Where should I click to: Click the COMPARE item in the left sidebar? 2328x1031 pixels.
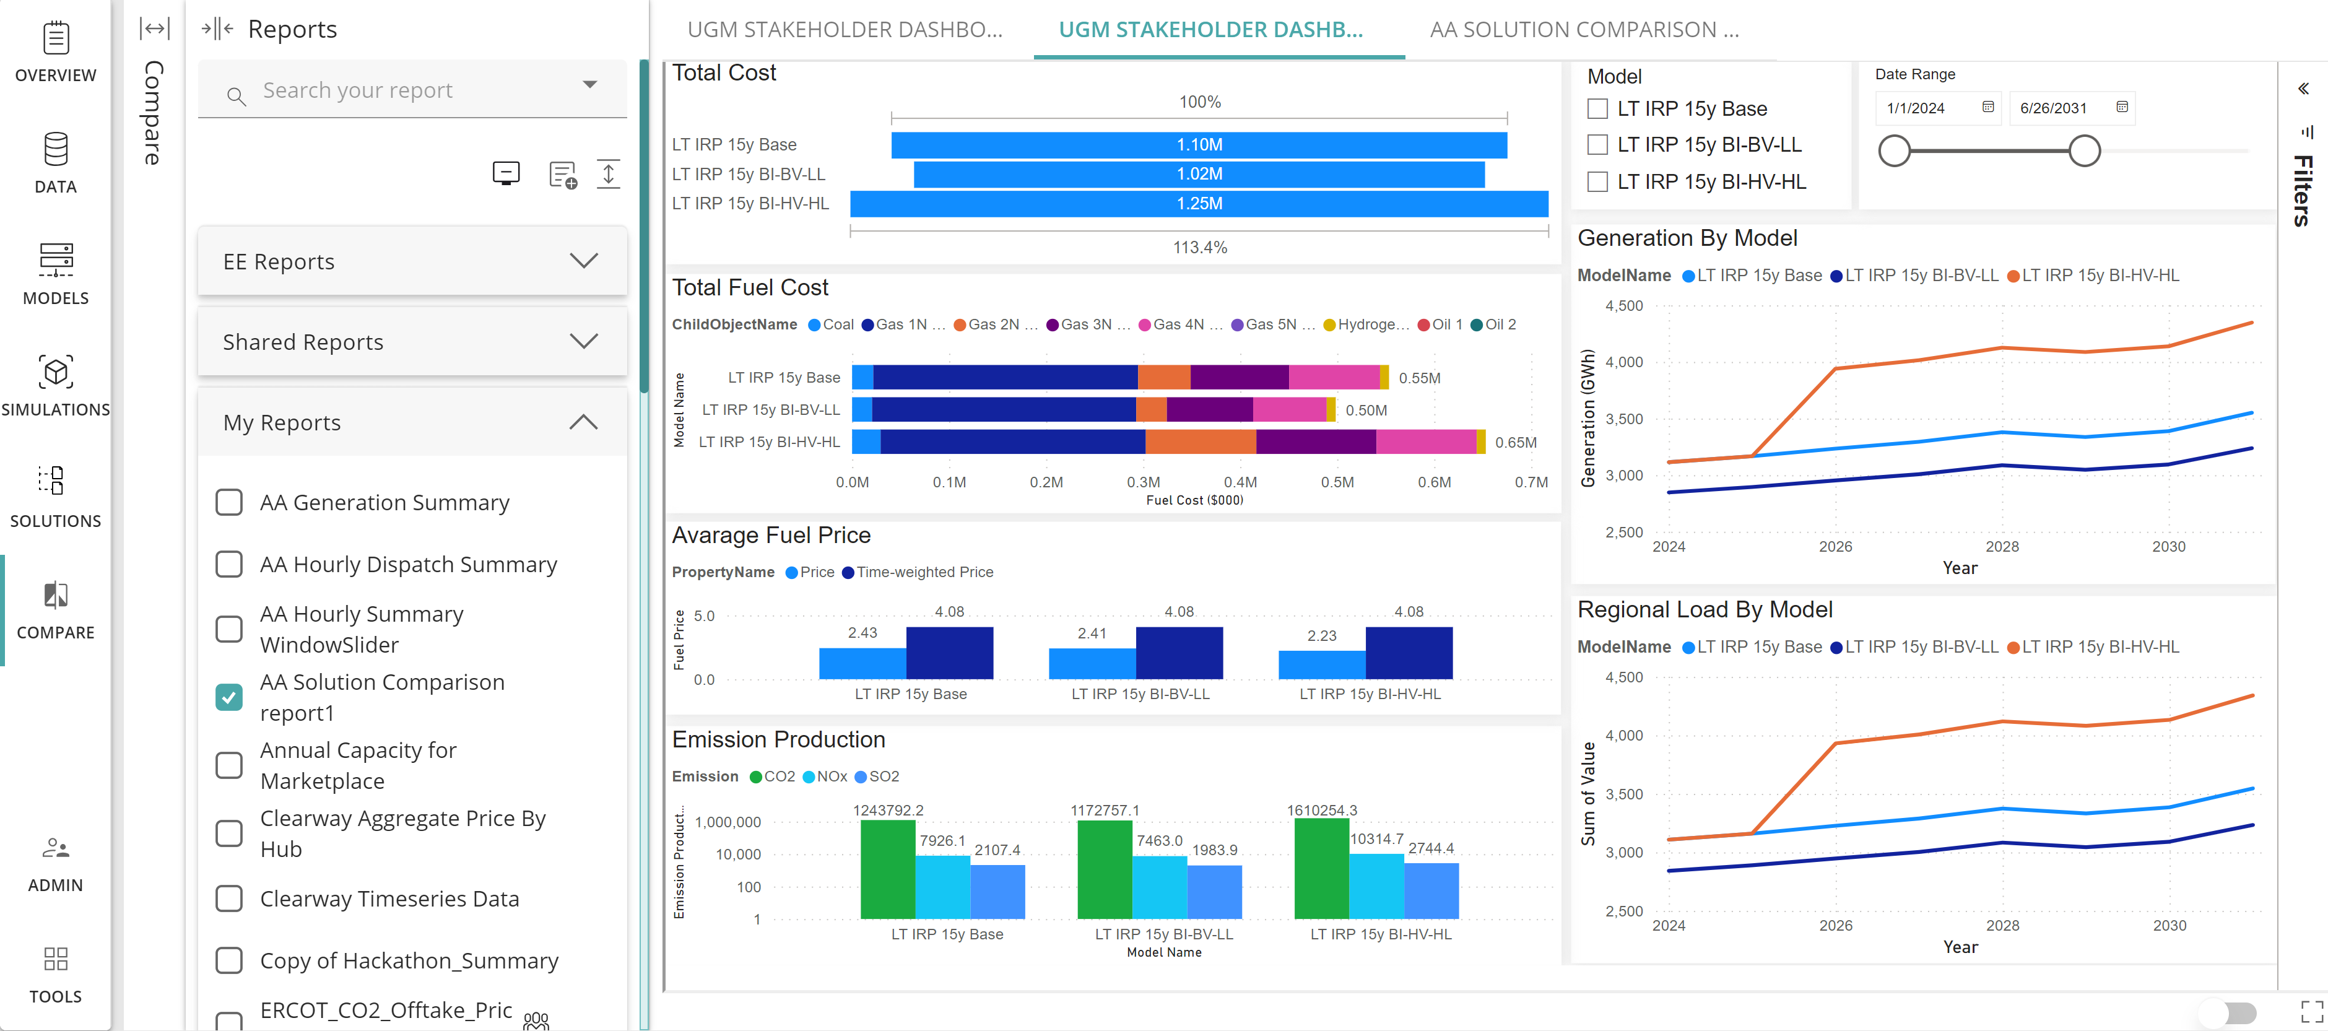coord(55,611)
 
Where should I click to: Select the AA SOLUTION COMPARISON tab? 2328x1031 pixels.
coord(1583,30)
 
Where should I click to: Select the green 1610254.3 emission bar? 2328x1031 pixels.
coord(1321,868)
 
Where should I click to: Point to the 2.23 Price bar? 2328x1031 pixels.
coord(1321,664)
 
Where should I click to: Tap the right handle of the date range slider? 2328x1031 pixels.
coord(2084,151)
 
